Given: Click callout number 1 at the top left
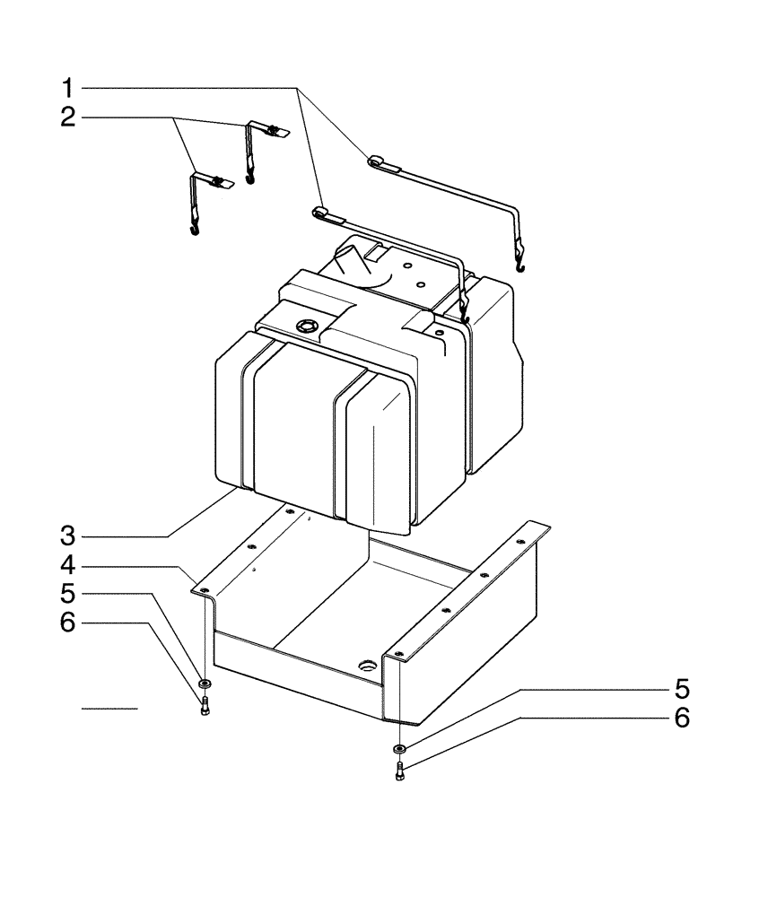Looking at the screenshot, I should point(68,88).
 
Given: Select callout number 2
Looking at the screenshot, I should point(68,118).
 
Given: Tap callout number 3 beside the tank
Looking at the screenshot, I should point(68,536).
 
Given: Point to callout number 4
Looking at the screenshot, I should point(68,566).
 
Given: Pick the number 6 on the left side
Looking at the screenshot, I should point(68,623).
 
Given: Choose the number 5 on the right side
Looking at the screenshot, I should point(682,689).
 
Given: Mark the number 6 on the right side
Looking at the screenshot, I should point(682,718).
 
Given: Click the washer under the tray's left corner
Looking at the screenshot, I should point(205,685).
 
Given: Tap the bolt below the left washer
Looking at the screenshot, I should point(205,706).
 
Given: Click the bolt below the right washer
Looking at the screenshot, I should point(399,770).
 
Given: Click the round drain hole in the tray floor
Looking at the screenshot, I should point(369,666).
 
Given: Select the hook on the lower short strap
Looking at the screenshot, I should point(194,231).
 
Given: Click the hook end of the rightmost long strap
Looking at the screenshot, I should point(519,263).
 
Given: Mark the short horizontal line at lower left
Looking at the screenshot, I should point(109,709).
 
